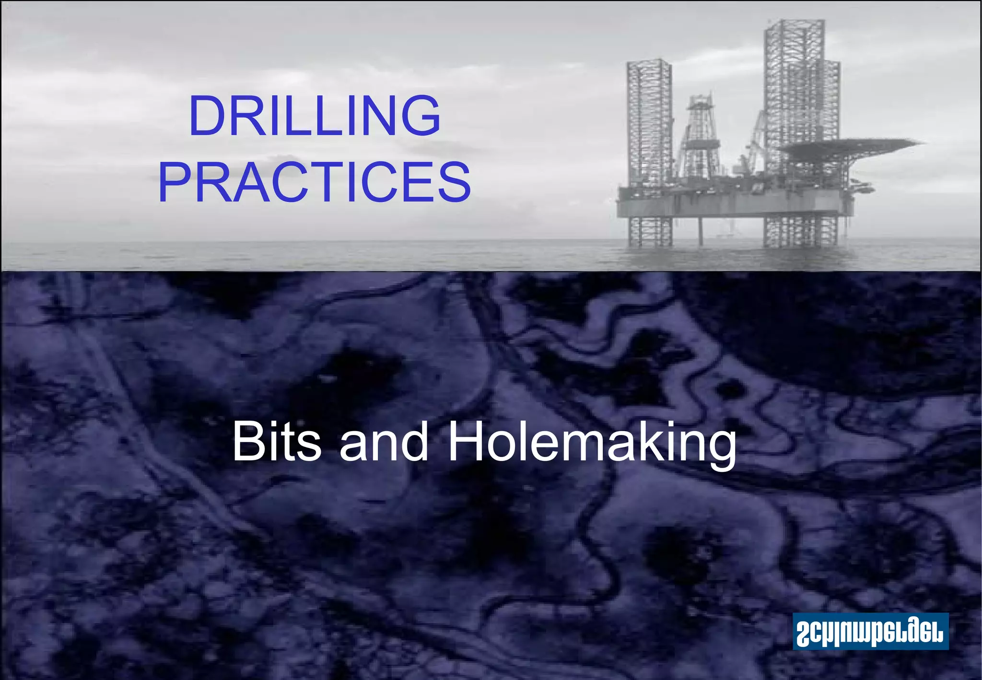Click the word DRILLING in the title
tap(315, 116)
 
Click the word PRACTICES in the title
tap(315, 182)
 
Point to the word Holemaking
tap(591, 444)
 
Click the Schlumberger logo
tap(870, 631)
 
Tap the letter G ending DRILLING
tap(421, 116)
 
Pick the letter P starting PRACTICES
tap(174, 182)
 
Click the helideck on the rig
tap(849, 144)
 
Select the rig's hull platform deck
tap(734, 204)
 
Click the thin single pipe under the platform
tap(700, 233)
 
